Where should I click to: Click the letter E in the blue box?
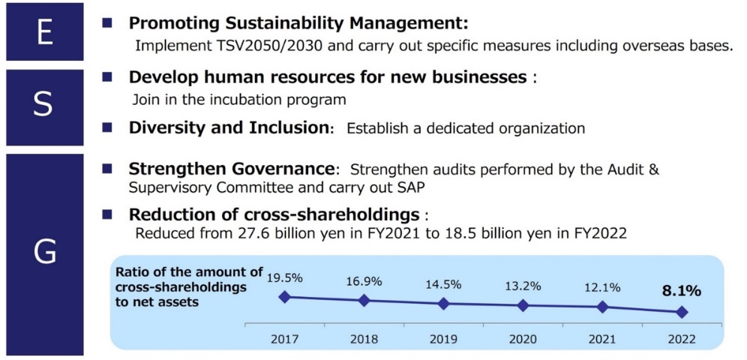pos(44,32)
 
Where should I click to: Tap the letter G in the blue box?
pos(45,252)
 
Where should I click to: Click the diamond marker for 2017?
pos(284,297)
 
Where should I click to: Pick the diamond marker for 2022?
pos(681,311)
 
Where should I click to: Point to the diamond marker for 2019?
pos(443,304)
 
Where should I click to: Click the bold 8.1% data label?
pos(680,289)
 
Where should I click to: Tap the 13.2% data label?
pos(522,284)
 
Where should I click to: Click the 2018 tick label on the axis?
pos(364,339)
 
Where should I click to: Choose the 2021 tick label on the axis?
pos(601,339)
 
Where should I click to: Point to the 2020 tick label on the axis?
pos(522,339)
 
